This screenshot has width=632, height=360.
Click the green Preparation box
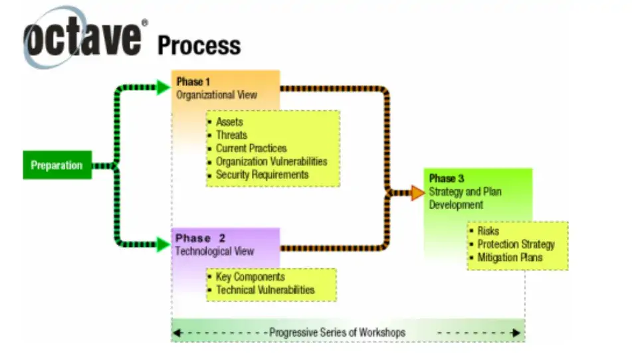[x=56, y=165]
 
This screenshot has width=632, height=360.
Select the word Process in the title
[x=199, y=45]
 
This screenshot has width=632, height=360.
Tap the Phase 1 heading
[x=193, y=82]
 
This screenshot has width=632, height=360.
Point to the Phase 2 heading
[x=201, y=238]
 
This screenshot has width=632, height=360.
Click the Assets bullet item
[x=229, y=122]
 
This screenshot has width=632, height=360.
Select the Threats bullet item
[x=231, y=135]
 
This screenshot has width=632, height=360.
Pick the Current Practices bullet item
[x=251, y=148]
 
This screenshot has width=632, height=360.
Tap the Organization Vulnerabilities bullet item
[x=271, y=161]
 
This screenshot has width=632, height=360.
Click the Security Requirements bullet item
[x=262, y=175]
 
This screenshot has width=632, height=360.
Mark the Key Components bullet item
[x=250, y=277]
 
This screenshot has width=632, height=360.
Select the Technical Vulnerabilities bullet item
[x=265, y=290]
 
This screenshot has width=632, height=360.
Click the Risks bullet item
[x=488, y=231]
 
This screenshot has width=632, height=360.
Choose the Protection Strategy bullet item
[x=516, y=244]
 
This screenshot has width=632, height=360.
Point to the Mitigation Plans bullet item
[x=510, y=257]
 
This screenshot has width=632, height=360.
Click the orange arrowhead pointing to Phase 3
[x=417, y=193]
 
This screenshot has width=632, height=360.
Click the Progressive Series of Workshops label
[x=337, y=331]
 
